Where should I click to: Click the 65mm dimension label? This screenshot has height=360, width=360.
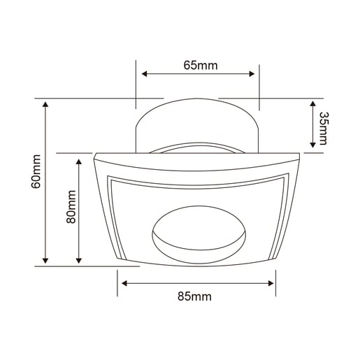click(x=201, y=65)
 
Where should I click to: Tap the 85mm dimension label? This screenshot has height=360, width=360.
click(x=194, y=296)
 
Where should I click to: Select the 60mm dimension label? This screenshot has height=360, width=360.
click(x=36, y=171)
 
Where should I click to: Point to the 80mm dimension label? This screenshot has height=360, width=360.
click(x=71, y=207)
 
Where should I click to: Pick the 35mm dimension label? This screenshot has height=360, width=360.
click(x=323, y=129)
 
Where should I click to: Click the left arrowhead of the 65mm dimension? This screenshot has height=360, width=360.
click(x=145, y=74)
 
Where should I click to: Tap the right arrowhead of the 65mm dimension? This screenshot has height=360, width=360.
click(x=252, y=74)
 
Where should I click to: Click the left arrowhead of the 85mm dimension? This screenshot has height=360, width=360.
click(x=124, y=283)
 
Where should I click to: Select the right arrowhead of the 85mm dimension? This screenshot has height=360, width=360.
click(x=271, y=283)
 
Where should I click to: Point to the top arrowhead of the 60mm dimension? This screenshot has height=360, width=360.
click(x=45, y=104)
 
